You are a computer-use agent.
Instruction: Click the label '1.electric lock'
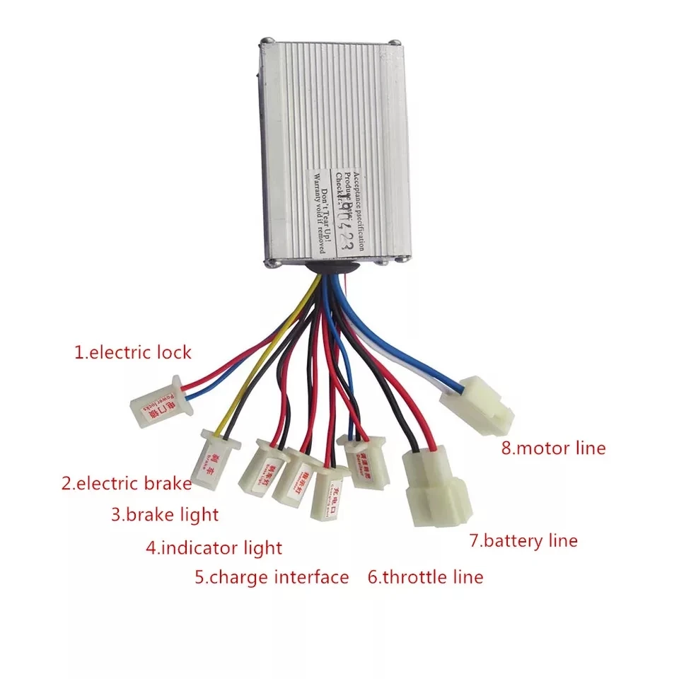[133, 352]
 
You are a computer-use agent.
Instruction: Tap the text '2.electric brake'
[127, 484]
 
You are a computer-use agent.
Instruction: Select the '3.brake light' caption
[165, 514]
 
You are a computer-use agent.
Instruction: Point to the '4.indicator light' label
[214, 547]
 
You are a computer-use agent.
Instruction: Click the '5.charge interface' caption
[272, 577]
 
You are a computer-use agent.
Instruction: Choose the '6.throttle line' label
[425, 577]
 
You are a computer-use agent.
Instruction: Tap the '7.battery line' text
[523, 541]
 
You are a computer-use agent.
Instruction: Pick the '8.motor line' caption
[554, 448]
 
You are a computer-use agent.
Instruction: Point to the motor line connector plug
[477, 404]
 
